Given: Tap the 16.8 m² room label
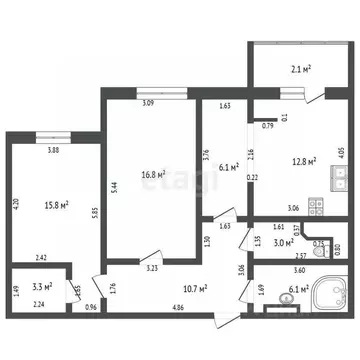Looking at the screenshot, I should (153, 172).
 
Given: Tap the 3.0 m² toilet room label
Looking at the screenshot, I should (287, 242).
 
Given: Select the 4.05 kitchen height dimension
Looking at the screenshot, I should (341, 154).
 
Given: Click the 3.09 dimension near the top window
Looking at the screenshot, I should (148, 103).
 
